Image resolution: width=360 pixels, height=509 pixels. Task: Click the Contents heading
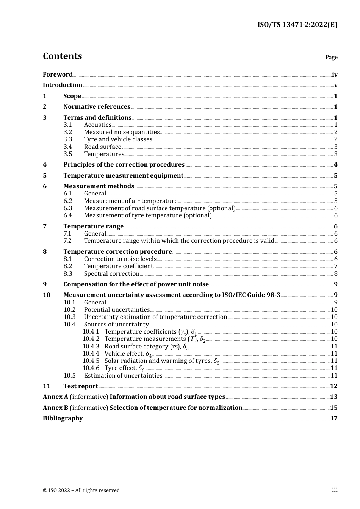pyautogui.click(x=62, y=56)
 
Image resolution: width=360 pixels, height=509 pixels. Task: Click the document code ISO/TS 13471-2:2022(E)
pyautogui.click(x=297, y=25)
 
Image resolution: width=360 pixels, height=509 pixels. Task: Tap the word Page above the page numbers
pyautogui.click(x=331, y=57)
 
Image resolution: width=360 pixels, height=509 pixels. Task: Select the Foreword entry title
pyautogui.click(x=58, y=74)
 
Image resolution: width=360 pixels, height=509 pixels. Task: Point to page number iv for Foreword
pyautogui.click(x=335, y=74)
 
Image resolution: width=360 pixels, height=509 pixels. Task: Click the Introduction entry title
pyautogui.click(x=63, y=85)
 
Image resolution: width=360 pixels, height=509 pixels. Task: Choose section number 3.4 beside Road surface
pyautogui.click(x=68, y=147)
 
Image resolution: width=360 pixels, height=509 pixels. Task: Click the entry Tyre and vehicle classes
pyautogui.click(x=118, y=139)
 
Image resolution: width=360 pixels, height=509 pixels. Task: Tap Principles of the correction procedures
pyautogui.click(x=124, y=164)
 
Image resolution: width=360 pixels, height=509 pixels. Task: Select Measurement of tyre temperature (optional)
pyautogui.click(x=148, y=215)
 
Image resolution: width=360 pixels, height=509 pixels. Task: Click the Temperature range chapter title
pyautogui.click(x=93, y=226)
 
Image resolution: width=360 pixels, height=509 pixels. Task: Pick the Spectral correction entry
pyautogui.click(x=111, y=273)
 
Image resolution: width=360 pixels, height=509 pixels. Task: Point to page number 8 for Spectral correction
pyautogui.click(x=336, y=273)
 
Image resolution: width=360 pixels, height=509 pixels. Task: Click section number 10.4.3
pyautogui.click(x=91, y=346)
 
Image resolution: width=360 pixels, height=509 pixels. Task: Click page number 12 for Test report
pyautogui.click(x=333, y=386)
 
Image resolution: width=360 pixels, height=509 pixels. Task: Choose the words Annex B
pyautogui.click(x=55, y=408)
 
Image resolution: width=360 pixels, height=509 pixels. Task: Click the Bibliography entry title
pyautogui.click(x=63, y=418)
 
